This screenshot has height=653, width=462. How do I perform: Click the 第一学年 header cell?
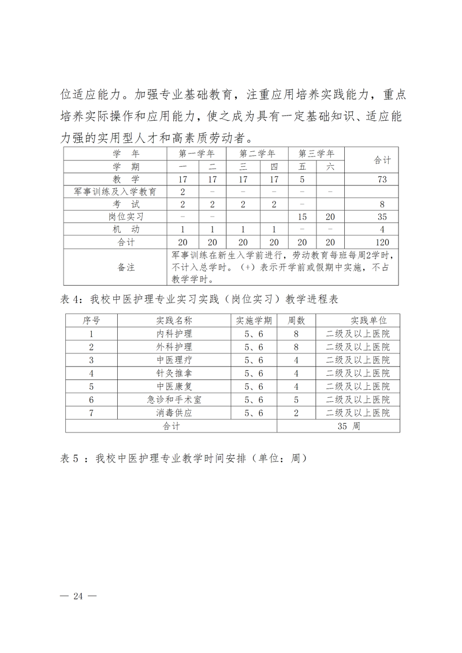197,154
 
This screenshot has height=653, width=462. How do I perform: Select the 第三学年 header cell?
316,154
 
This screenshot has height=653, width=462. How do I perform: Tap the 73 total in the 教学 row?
382,179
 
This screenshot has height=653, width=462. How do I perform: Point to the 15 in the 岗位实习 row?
301,217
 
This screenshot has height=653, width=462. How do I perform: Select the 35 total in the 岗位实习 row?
382,217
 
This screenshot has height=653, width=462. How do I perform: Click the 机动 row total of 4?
382,230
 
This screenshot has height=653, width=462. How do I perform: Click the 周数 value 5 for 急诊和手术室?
296,400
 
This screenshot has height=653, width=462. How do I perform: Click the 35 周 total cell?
348,426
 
